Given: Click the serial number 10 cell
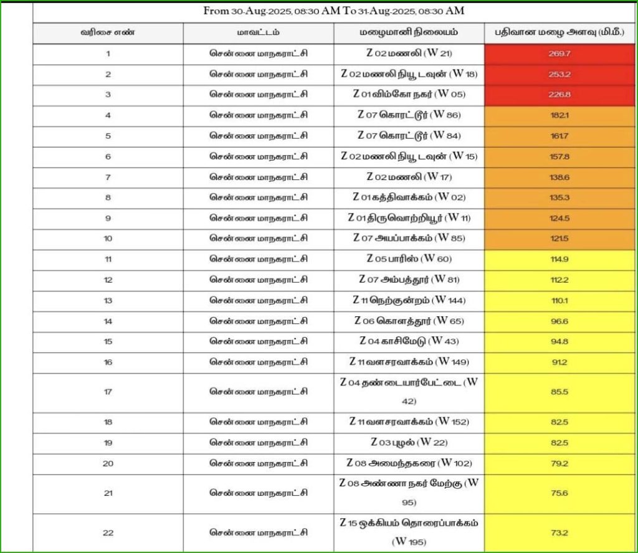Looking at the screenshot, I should (x=108, y=239).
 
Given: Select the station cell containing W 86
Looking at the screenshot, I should (x=409, y=115).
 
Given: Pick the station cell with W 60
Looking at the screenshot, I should (x=409, y=259).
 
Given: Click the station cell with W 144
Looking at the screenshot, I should (x=409, y=300).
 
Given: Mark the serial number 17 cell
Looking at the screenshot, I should (x=108, y=392).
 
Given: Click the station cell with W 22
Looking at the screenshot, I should (x=409, y=443).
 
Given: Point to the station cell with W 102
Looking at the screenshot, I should (x=409, y=463).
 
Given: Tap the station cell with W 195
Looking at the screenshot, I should (x=409, y=532).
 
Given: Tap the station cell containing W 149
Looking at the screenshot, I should (x=409, y=362).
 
